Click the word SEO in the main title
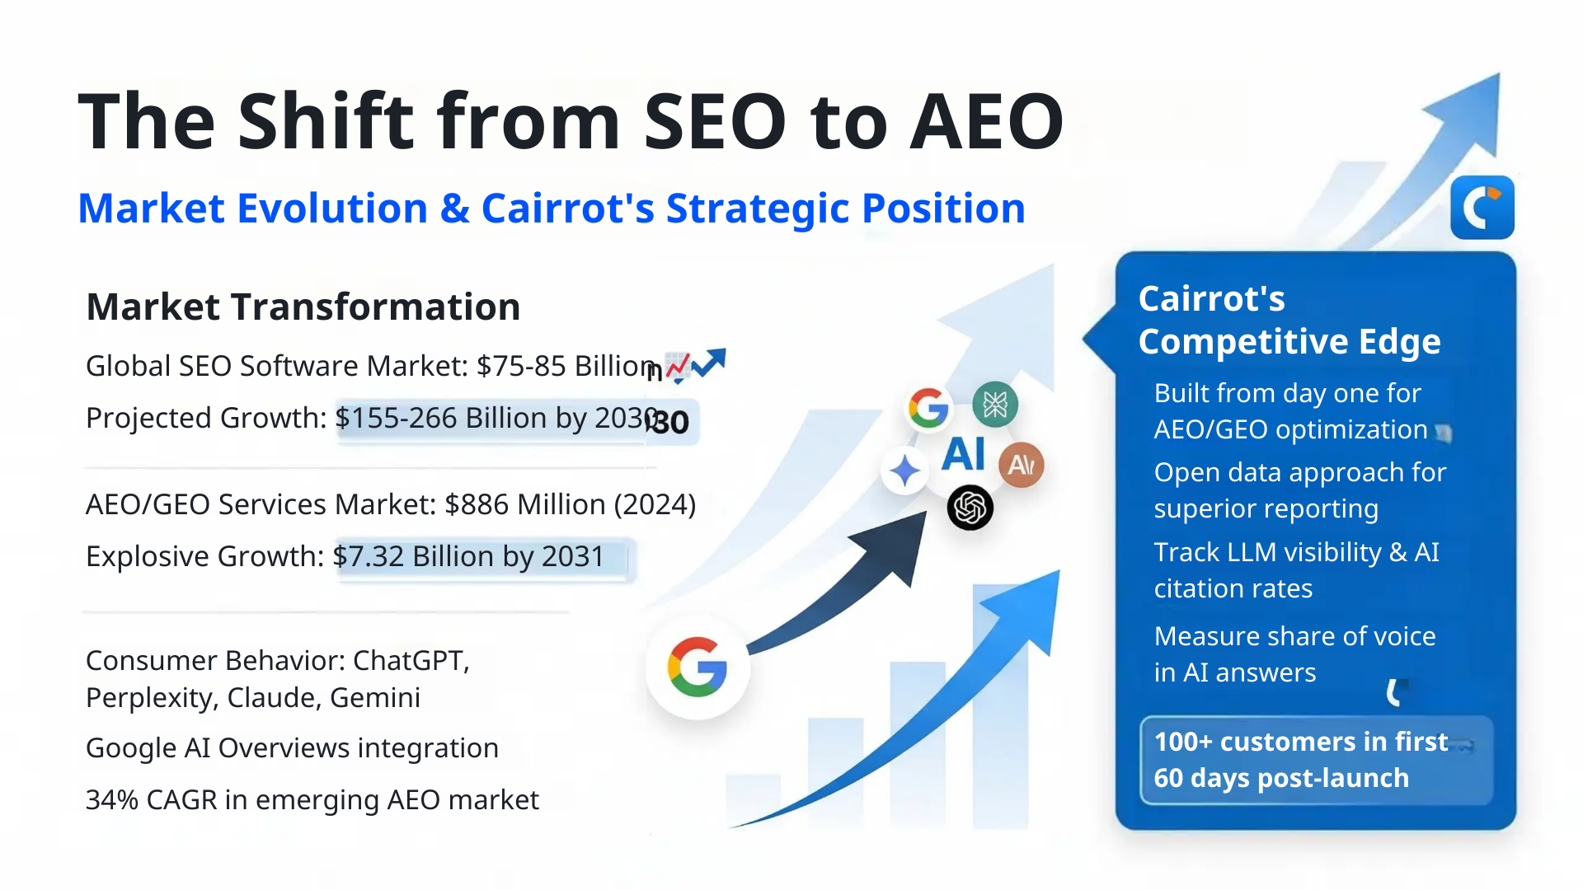pos(715,122)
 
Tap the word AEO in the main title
pos(987,122)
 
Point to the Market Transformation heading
pos(303,307)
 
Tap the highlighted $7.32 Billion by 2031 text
pos(468,557)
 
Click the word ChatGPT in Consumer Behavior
pos(410,661)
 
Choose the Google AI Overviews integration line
pos(292,748)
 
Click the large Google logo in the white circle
pos(698,667)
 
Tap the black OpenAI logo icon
pos(970,508)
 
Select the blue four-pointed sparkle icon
pos(904,471)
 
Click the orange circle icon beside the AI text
pos(1022,465)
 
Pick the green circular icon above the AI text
pos(995,405)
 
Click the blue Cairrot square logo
pos(1482,207)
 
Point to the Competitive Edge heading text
pos(1289,341)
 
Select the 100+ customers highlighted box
pos(1316,760)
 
